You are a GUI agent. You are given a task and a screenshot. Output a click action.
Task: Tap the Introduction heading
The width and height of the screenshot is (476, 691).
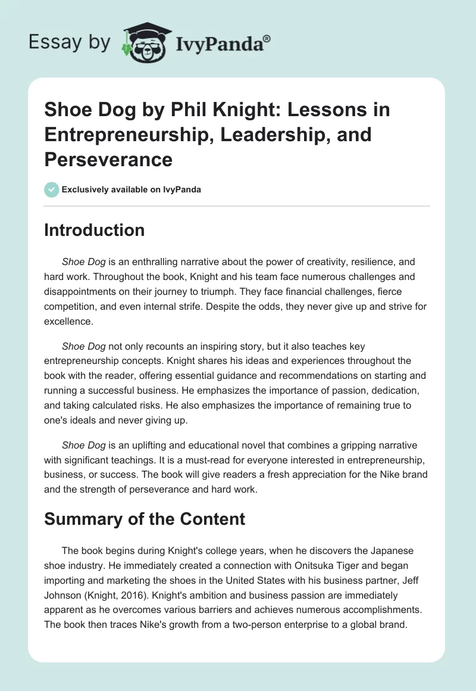click(95, 230)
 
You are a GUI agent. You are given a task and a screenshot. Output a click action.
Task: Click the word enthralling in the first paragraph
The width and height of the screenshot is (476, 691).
click(153, 262)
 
